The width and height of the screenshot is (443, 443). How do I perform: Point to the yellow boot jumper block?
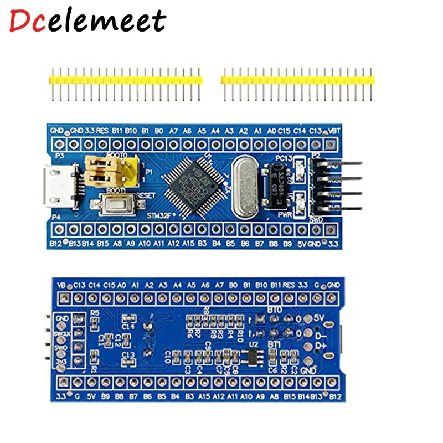pos(110,169)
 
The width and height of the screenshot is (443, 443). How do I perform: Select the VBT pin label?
pos(334,131)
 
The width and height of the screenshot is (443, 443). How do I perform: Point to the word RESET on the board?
pos(145,195)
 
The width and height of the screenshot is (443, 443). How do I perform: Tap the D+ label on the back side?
pos(320,346)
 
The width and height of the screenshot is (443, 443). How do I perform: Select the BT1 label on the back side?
pos(274,344)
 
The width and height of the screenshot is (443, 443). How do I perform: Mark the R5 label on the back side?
pos(95,312)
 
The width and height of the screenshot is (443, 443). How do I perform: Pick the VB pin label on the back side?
pos(62,285)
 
